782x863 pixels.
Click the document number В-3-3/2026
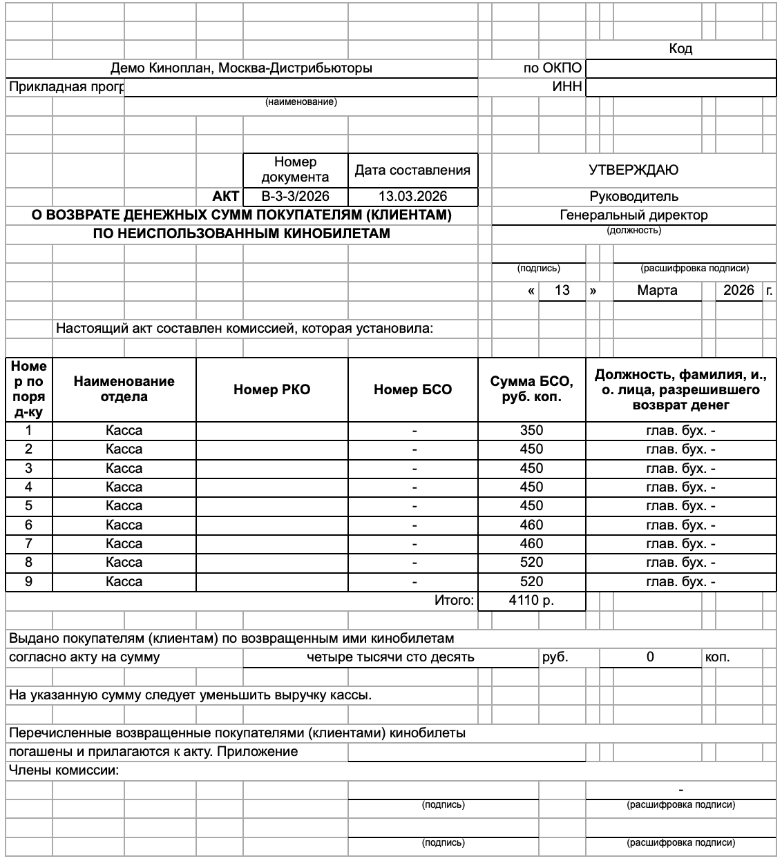click(x=296, y=196)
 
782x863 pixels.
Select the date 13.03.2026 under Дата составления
click(x=412, y=196)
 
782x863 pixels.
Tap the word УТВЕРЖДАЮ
click(x=633, y=170)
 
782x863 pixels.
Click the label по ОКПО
click(x=553, y=68)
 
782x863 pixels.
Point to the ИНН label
click(x=567, y=87)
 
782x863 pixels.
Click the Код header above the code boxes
click(x=680, y=49)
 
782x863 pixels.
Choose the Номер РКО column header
click(x=272, y=389)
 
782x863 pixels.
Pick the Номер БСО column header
click(x=412, y=389)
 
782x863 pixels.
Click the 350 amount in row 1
click(x=531, y=431)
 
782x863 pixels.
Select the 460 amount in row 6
click(x=531, y=525)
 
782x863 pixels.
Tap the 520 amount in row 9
click(x=531, y=582)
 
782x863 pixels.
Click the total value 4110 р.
click(x=531, y=601)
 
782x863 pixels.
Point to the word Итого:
click(x=455, y=601)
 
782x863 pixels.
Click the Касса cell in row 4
click(x=124, y=487)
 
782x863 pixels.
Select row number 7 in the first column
click(x=28, y=544)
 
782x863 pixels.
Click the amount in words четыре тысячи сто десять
click(x=390, y=657)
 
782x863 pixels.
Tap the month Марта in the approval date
click(x=657, y=291)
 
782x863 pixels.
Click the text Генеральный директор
click(x=633, y=215)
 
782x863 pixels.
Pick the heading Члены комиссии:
click(x=64, y=770)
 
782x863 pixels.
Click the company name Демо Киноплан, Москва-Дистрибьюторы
click(x=241, y=68)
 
